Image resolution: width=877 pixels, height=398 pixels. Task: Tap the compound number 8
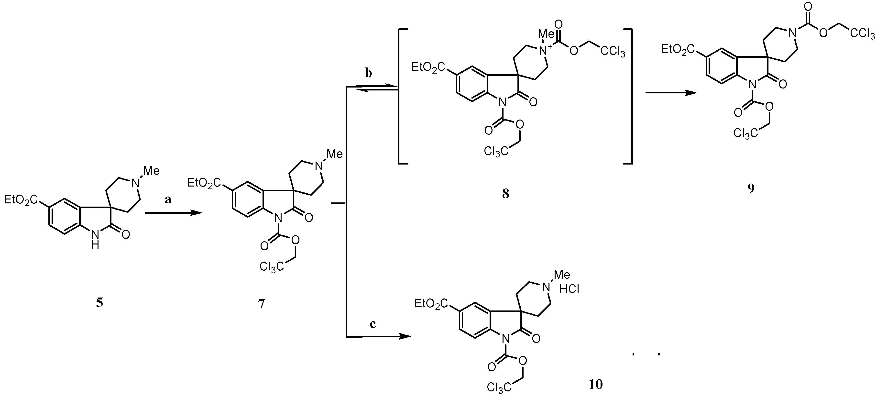coord(505,194)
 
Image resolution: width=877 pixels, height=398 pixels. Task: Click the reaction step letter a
coord(168,200)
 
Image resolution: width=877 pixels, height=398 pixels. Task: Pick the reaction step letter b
coord(368,73)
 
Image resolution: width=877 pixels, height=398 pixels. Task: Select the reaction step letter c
coord(373,324)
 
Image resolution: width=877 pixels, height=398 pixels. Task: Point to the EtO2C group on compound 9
coord(678,50)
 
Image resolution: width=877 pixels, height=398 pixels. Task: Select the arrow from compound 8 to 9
coord(670,93)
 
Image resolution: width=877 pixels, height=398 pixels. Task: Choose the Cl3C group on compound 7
coord(271,266)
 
